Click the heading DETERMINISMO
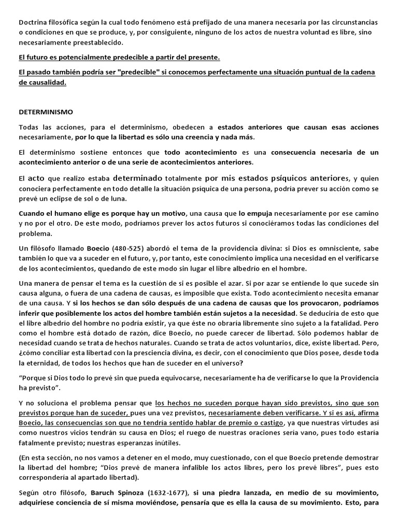(x=46, y=112)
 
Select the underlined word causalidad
(x=48, y=82)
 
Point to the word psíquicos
(x=265, y=179)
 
